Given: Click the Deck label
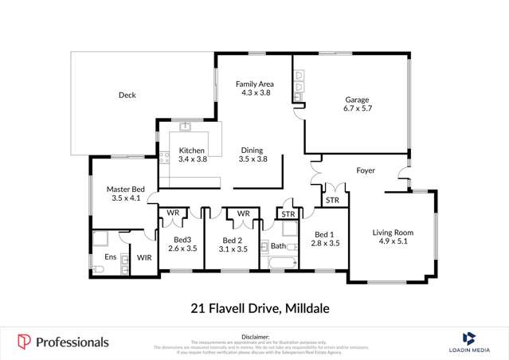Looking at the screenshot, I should [x=127, y=95].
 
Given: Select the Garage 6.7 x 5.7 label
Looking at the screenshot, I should [x=357, y=104].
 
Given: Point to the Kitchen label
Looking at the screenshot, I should [x=191, y=155].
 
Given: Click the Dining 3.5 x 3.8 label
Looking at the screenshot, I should [x=253, y=154].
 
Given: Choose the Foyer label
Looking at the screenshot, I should [x=365, y=170].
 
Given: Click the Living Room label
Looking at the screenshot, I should [x=393, y=237].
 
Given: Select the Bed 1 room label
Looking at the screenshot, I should [x=325, y=239].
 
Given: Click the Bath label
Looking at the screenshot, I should [x=278, y=246].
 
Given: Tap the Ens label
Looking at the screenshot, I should [x=110, y=257].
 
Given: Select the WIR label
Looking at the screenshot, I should [x=144, y=257].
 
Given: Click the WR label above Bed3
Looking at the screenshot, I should [x=174, y=213].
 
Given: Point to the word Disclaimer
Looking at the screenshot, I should [x=254, y=337].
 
